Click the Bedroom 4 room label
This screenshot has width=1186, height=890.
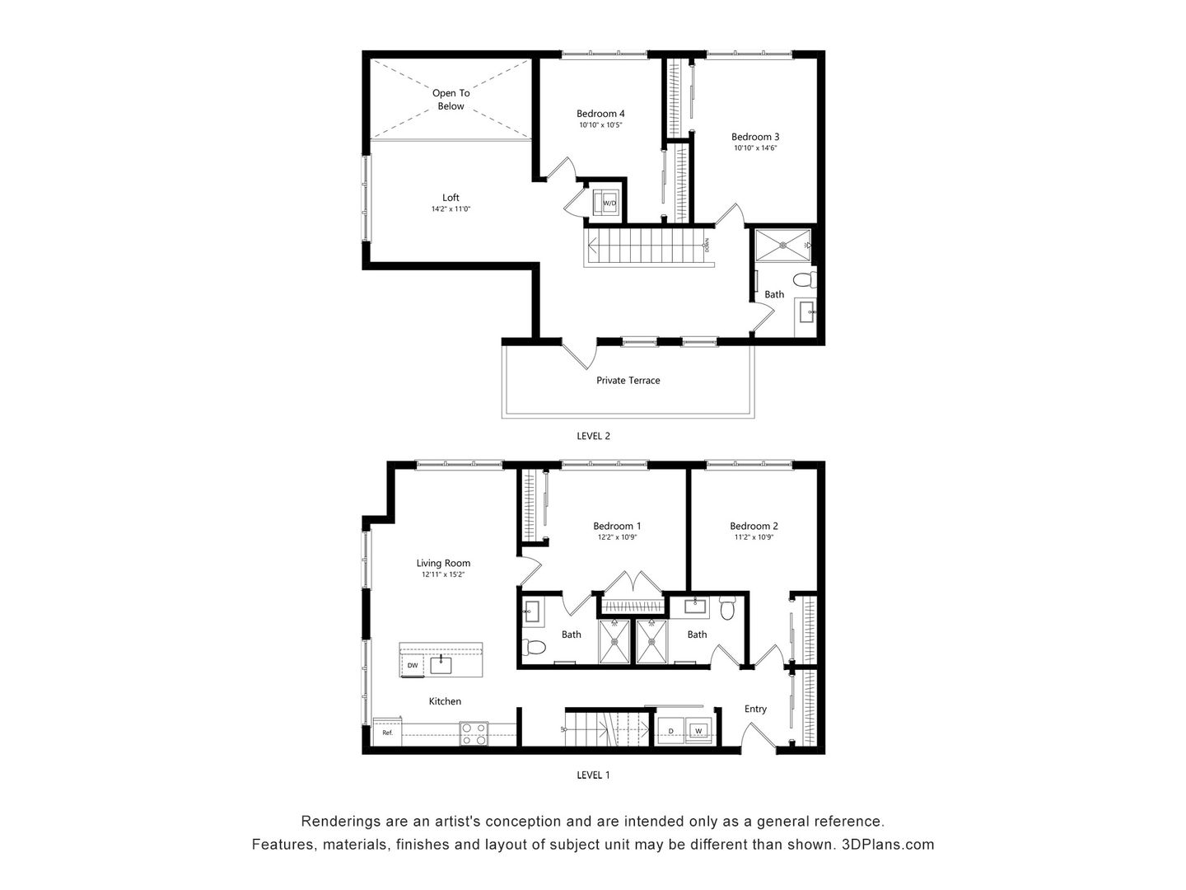pyautogui.click(x=600, y=114)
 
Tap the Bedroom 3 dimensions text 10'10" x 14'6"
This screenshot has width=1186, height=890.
pyautogui.click(x=755, y=148)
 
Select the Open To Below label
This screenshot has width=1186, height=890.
pyautogui.click(x=451, y=100)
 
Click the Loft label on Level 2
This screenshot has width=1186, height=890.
pyautogui.click(x=451, y=198)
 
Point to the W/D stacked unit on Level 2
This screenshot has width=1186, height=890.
pyautogui.click(x=609, y=203)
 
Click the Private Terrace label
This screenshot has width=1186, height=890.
pyautogui.click(x=628, y=381)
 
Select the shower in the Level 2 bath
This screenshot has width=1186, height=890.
pyautogui.click(x=782, y=245)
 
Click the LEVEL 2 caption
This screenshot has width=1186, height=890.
pyautogui.click(x=593, y=436)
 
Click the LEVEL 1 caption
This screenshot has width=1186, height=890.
pyautogui.click(x=593, y=775)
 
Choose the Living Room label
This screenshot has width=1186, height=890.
pyautogui.click(x=443, y=564)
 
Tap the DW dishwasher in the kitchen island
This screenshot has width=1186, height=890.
pyautogui.click(x=412, y=665)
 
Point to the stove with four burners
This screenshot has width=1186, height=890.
pyautogui.click(x=474, y=733)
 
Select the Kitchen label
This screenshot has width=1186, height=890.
pyautogui.click(x=445, y=701)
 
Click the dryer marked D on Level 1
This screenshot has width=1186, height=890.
pyautogui.click(x=670, y=731)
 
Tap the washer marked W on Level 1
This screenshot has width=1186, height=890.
pyautogui.click(x=698, y=731)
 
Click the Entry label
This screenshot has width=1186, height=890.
pyautogui.click(x=755, y=709)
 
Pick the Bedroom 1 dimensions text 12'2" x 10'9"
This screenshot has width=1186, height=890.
pyautogui.click(x=617, y=537)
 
